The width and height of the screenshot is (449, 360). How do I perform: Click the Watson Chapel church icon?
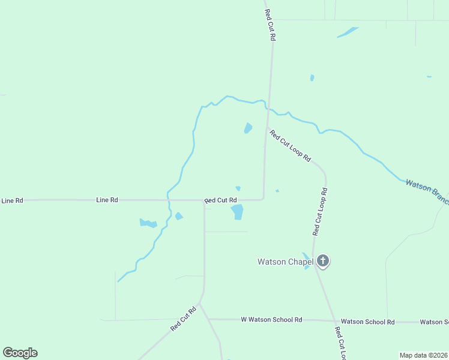pos(323,260)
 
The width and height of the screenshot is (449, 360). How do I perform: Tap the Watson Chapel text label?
pos(285,262)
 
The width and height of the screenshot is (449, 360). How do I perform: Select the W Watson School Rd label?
pos(271,320)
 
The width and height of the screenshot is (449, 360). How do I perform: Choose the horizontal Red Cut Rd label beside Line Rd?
pos(221,200)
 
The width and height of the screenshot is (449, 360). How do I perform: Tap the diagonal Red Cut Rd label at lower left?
pos(183,319)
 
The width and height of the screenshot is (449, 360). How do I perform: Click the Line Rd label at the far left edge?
pos(11,200)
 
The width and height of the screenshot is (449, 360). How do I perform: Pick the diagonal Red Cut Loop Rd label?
pos(291,146)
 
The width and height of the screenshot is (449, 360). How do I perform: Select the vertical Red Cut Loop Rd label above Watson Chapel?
pos(319,211)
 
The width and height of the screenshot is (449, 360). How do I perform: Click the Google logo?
pos(20,353)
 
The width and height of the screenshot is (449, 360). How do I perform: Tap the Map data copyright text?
pos(424,355)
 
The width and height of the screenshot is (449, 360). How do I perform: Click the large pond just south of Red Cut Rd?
pos(237,212)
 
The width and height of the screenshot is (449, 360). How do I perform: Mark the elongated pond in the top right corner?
pos(348,32)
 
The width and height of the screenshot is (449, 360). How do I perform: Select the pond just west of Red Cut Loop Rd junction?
pos(248,128)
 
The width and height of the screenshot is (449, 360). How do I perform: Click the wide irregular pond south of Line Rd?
pos(148,223)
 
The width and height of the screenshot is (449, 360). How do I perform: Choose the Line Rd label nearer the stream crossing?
pos(107,200)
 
